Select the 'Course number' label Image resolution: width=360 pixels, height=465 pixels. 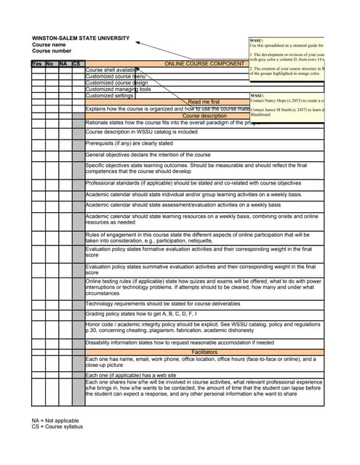coord(52,52)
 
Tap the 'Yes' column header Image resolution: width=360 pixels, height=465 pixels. coord(37,64)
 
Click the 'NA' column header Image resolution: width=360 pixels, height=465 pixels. coord(63,64)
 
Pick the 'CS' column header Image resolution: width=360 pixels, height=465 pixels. coord(77,64)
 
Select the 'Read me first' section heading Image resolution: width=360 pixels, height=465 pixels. coord(204,102)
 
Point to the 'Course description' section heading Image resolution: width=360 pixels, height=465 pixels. coord(204,116)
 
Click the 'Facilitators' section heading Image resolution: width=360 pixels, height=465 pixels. coord(204,352)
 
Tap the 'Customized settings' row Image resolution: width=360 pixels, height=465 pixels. coord(110,96)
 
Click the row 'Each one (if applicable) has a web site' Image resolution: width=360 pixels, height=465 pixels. coord(136,375)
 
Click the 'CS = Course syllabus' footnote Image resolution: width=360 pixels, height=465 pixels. coord(57,426)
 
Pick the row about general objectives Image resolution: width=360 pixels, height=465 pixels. coord(148,155)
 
